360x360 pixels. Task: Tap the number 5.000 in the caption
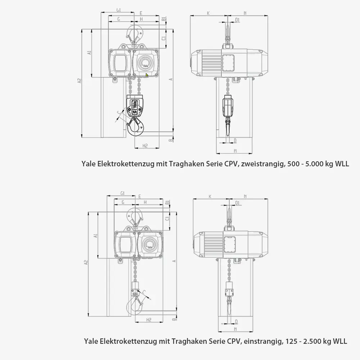[313, 164]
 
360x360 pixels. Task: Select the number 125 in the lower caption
[291, 341]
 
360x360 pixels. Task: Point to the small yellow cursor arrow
[147, 75]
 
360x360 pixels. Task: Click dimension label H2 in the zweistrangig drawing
[145, 146]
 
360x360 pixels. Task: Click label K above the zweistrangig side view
[208, 13]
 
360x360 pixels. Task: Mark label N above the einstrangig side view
[245, 196]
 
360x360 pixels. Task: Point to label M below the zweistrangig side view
[235, 150]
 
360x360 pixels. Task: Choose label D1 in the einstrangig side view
[237, 203]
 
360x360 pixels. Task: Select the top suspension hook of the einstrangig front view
[135, 216]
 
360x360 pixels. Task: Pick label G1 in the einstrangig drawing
[122, 194]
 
